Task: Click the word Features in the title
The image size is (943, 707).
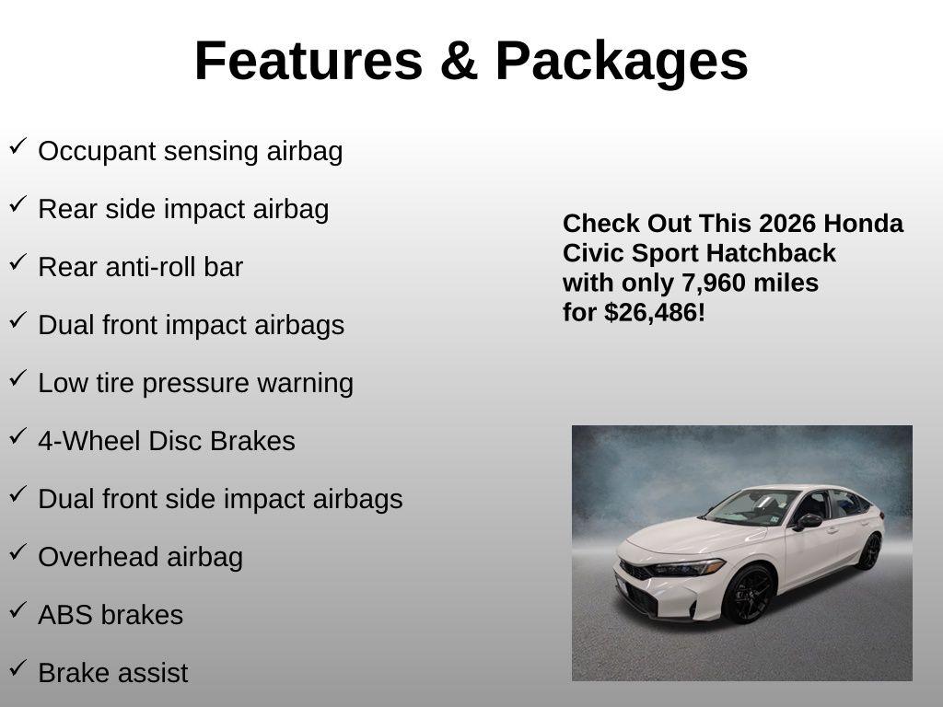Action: (x=309, y=61)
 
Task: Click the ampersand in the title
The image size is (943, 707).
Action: (x=459, y=61)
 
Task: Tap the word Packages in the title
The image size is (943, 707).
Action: (x=622, y=63)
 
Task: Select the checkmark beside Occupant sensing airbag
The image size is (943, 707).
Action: (x=18, y=146)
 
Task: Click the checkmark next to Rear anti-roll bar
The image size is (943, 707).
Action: (x=18, y=262)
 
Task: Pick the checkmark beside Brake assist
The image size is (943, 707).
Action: (x=18, y=668)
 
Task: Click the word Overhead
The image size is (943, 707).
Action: (x=99, y=557)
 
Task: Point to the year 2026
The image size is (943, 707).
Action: (x=779, y=224)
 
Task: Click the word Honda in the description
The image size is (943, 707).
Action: (x=864, y=224)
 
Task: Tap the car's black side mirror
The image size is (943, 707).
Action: (x=808, y=521)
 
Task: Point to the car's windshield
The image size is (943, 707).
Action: (x=751, y=508)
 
